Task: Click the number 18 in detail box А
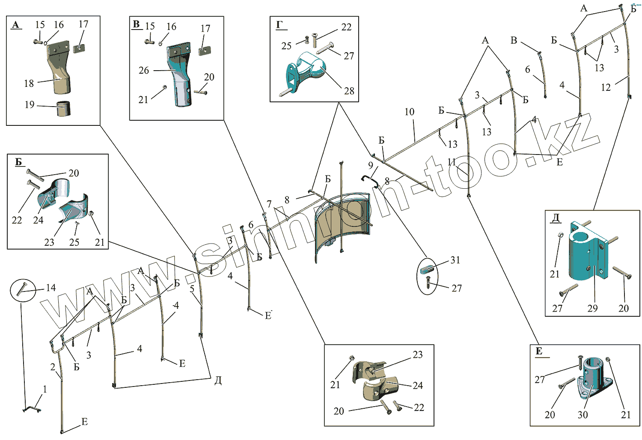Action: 29,83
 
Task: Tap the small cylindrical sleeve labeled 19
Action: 63,108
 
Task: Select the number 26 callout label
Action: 144,70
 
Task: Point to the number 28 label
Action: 349,91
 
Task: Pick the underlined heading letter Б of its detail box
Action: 18,162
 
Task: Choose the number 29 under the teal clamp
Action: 592,308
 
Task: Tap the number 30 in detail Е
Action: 583,414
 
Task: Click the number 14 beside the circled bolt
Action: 51,288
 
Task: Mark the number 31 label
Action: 455,260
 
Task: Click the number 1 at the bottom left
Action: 45,389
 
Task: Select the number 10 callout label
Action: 409,112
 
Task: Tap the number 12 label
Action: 606,87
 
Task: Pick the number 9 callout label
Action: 371,165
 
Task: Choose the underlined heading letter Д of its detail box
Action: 555,218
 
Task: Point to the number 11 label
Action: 452,162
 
